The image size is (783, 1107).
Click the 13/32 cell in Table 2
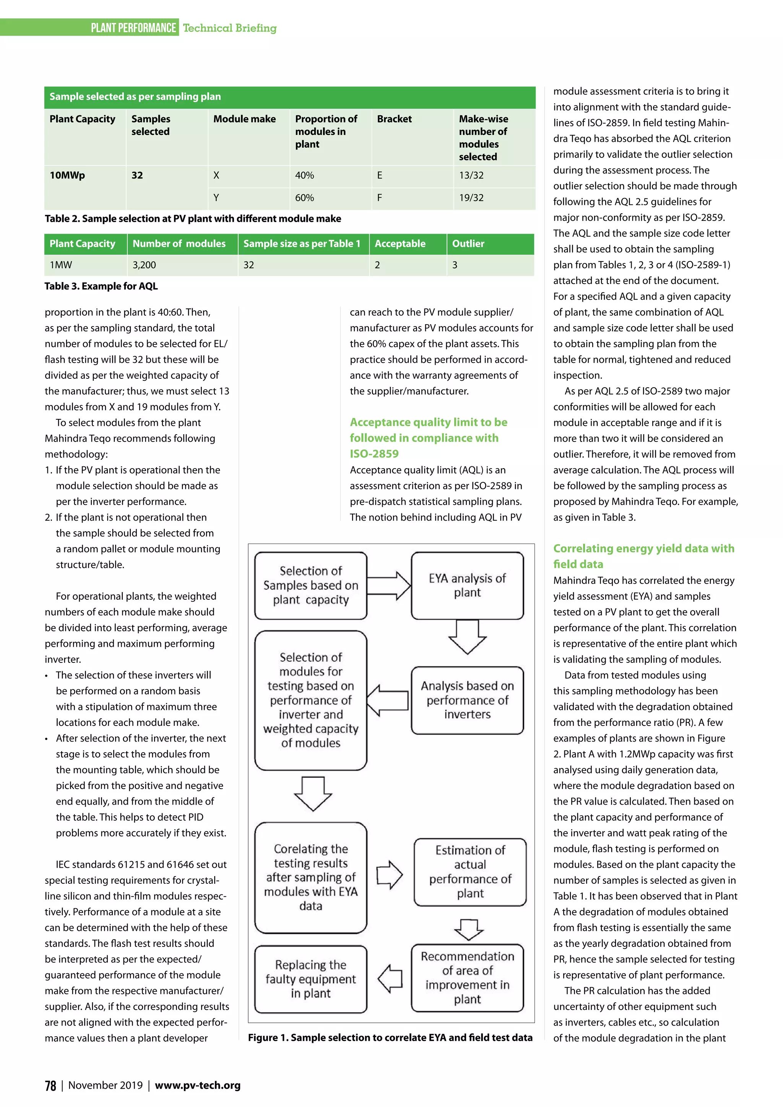point(471,175)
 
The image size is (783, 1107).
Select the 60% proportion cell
point(304,198)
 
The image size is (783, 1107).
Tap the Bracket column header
point(395,119)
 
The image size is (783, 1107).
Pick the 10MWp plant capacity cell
point(68,175)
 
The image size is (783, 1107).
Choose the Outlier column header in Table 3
point(468,244)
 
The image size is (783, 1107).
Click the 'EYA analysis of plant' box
point(467,585)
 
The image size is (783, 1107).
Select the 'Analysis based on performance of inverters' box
point(467,700)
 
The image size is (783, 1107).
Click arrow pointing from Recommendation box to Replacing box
point(390,978)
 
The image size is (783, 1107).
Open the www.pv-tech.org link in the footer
point(198,1085)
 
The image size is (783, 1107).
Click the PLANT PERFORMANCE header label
point(133,28)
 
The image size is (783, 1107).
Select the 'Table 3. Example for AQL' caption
point(101,286)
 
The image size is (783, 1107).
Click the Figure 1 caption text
point(390,1037)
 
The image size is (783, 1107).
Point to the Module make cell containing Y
point(216,198)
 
